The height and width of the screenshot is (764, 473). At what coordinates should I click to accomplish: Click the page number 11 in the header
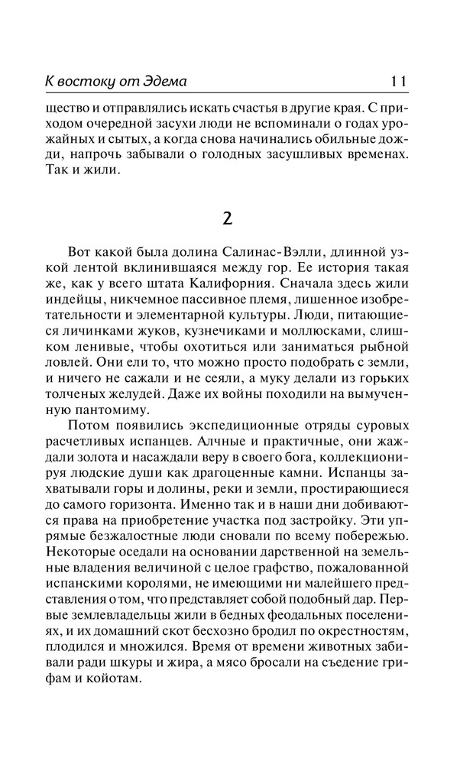(x=400, y=81)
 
